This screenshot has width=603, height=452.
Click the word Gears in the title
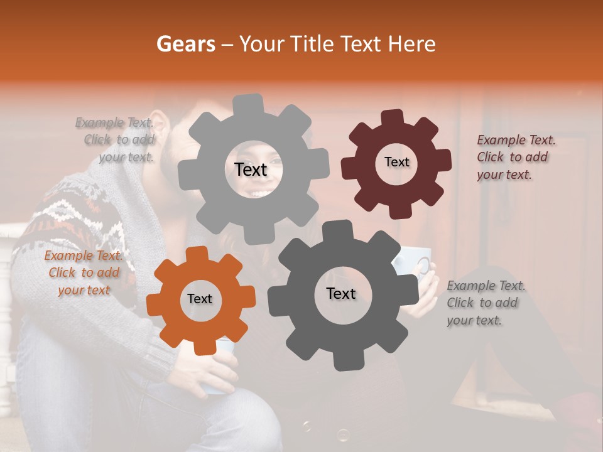coord(185,44)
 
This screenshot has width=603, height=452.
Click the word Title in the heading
coord(313,44)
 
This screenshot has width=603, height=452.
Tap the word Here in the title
coord(412,44)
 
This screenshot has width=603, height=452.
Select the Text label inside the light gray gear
coord(251,169)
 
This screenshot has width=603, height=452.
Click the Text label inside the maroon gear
coord(396,162)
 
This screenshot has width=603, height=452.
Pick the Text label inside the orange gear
coord(200,299)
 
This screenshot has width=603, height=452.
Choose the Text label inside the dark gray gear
coord(341,293)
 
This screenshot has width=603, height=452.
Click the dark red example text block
coord(515,158)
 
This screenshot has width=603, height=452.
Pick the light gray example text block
coord(117,140)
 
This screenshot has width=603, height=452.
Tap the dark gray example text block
coord(485,303)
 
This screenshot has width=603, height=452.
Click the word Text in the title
coord(362,44)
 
